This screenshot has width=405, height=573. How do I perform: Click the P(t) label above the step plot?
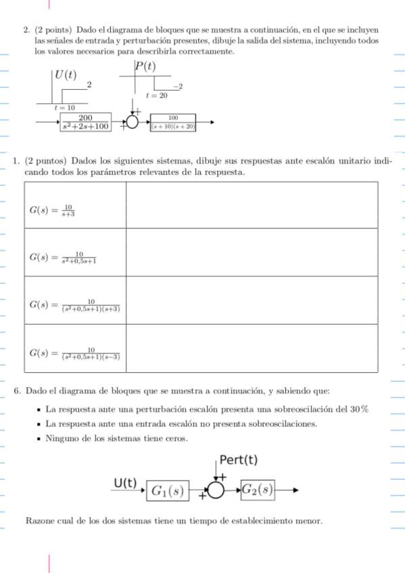click(x=145, y=66)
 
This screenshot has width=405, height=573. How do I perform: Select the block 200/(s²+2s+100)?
click(x=85, y=122)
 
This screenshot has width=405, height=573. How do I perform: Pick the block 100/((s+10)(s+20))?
click(x=173, y=122)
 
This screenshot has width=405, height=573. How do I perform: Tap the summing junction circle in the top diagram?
click(x=133, y=122)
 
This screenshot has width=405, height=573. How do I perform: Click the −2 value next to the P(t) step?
click(x=178, y=87)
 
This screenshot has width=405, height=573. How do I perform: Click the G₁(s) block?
click(x=168, y=491)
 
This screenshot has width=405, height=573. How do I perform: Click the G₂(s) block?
click(x=258, y=489)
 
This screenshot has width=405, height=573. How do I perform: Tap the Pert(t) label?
click(x=239, y=460)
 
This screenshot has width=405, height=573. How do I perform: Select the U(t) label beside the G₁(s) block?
click(x=125, y=483)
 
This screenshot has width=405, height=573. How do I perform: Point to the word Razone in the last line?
click(x=40, y=521)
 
